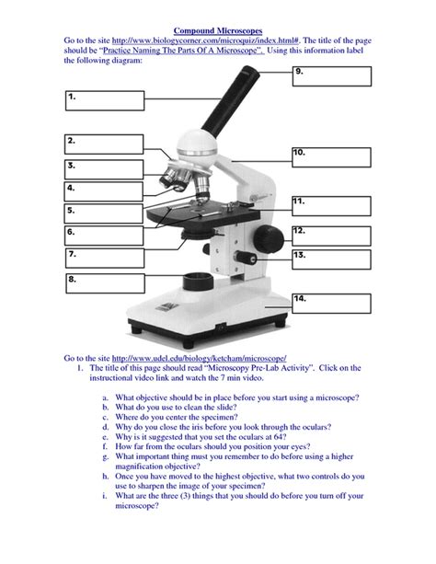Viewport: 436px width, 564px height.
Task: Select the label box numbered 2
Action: tap(104, 146)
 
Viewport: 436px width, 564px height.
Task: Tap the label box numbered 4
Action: tap(104, 192)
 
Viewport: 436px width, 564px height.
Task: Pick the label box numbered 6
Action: tap(104, 236)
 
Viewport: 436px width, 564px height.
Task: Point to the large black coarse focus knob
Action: tap(265, 236)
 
